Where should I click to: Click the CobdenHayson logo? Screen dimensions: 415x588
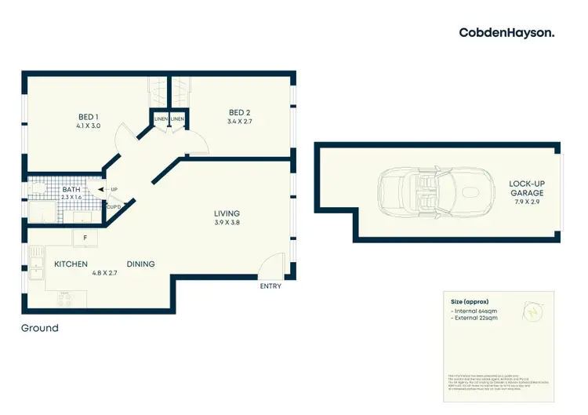coord(507,32)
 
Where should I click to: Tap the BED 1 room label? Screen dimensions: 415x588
coord(86,117)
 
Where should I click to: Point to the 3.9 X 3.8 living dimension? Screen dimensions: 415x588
coord(227,223)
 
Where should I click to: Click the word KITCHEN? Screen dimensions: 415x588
coord(71,264)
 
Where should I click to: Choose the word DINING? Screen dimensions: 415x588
coord(140,264)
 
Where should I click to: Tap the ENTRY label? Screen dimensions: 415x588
coord(270,286)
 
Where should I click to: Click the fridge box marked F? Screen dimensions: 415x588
coord(85,237)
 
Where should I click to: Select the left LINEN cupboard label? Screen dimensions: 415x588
coord(161,119)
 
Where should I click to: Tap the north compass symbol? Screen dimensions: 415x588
coord(533,312)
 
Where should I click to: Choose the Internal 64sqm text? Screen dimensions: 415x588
coord(476,312)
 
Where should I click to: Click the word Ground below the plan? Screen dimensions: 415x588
coord(40,328)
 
